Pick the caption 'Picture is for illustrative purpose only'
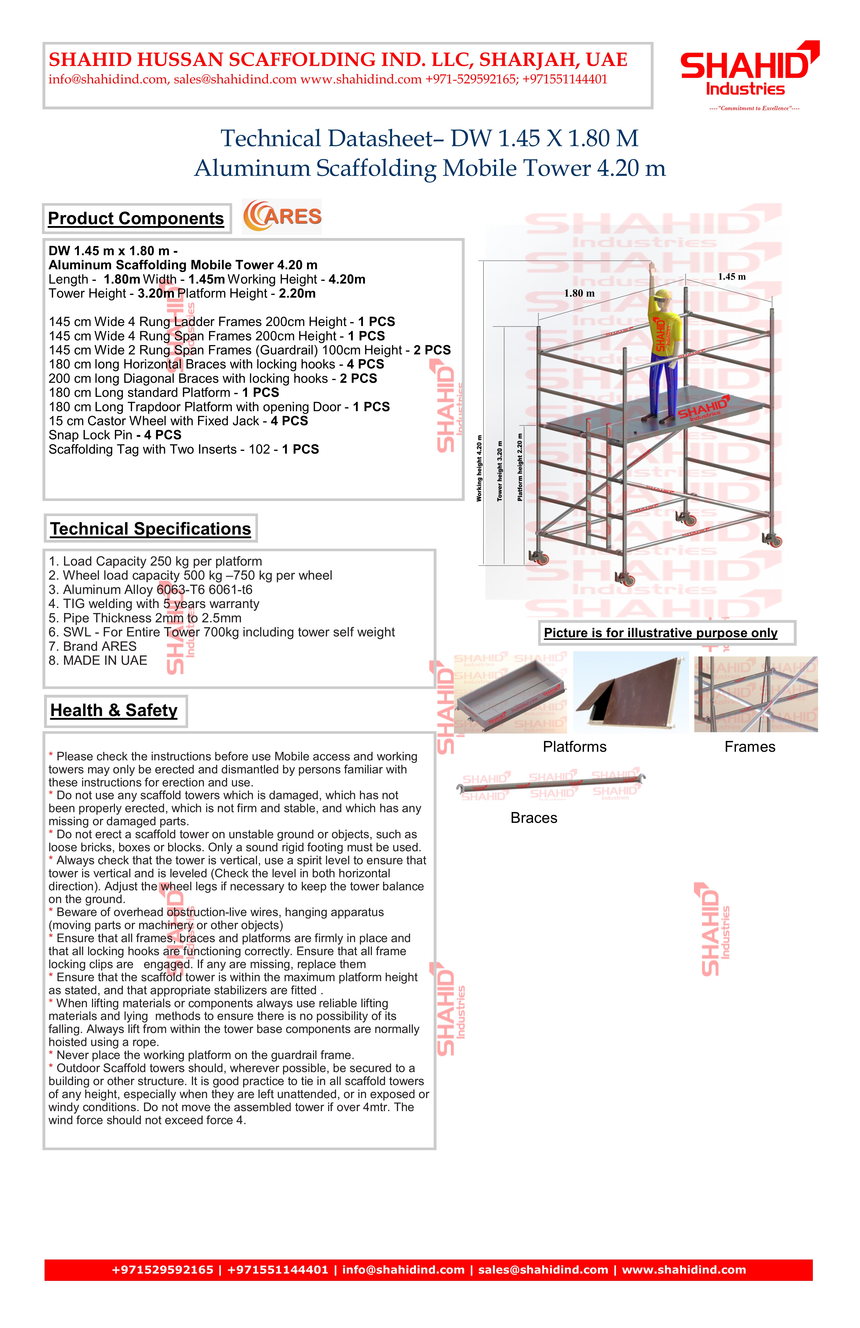(661, 633)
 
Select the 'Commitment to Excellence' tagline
(754, 108)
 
